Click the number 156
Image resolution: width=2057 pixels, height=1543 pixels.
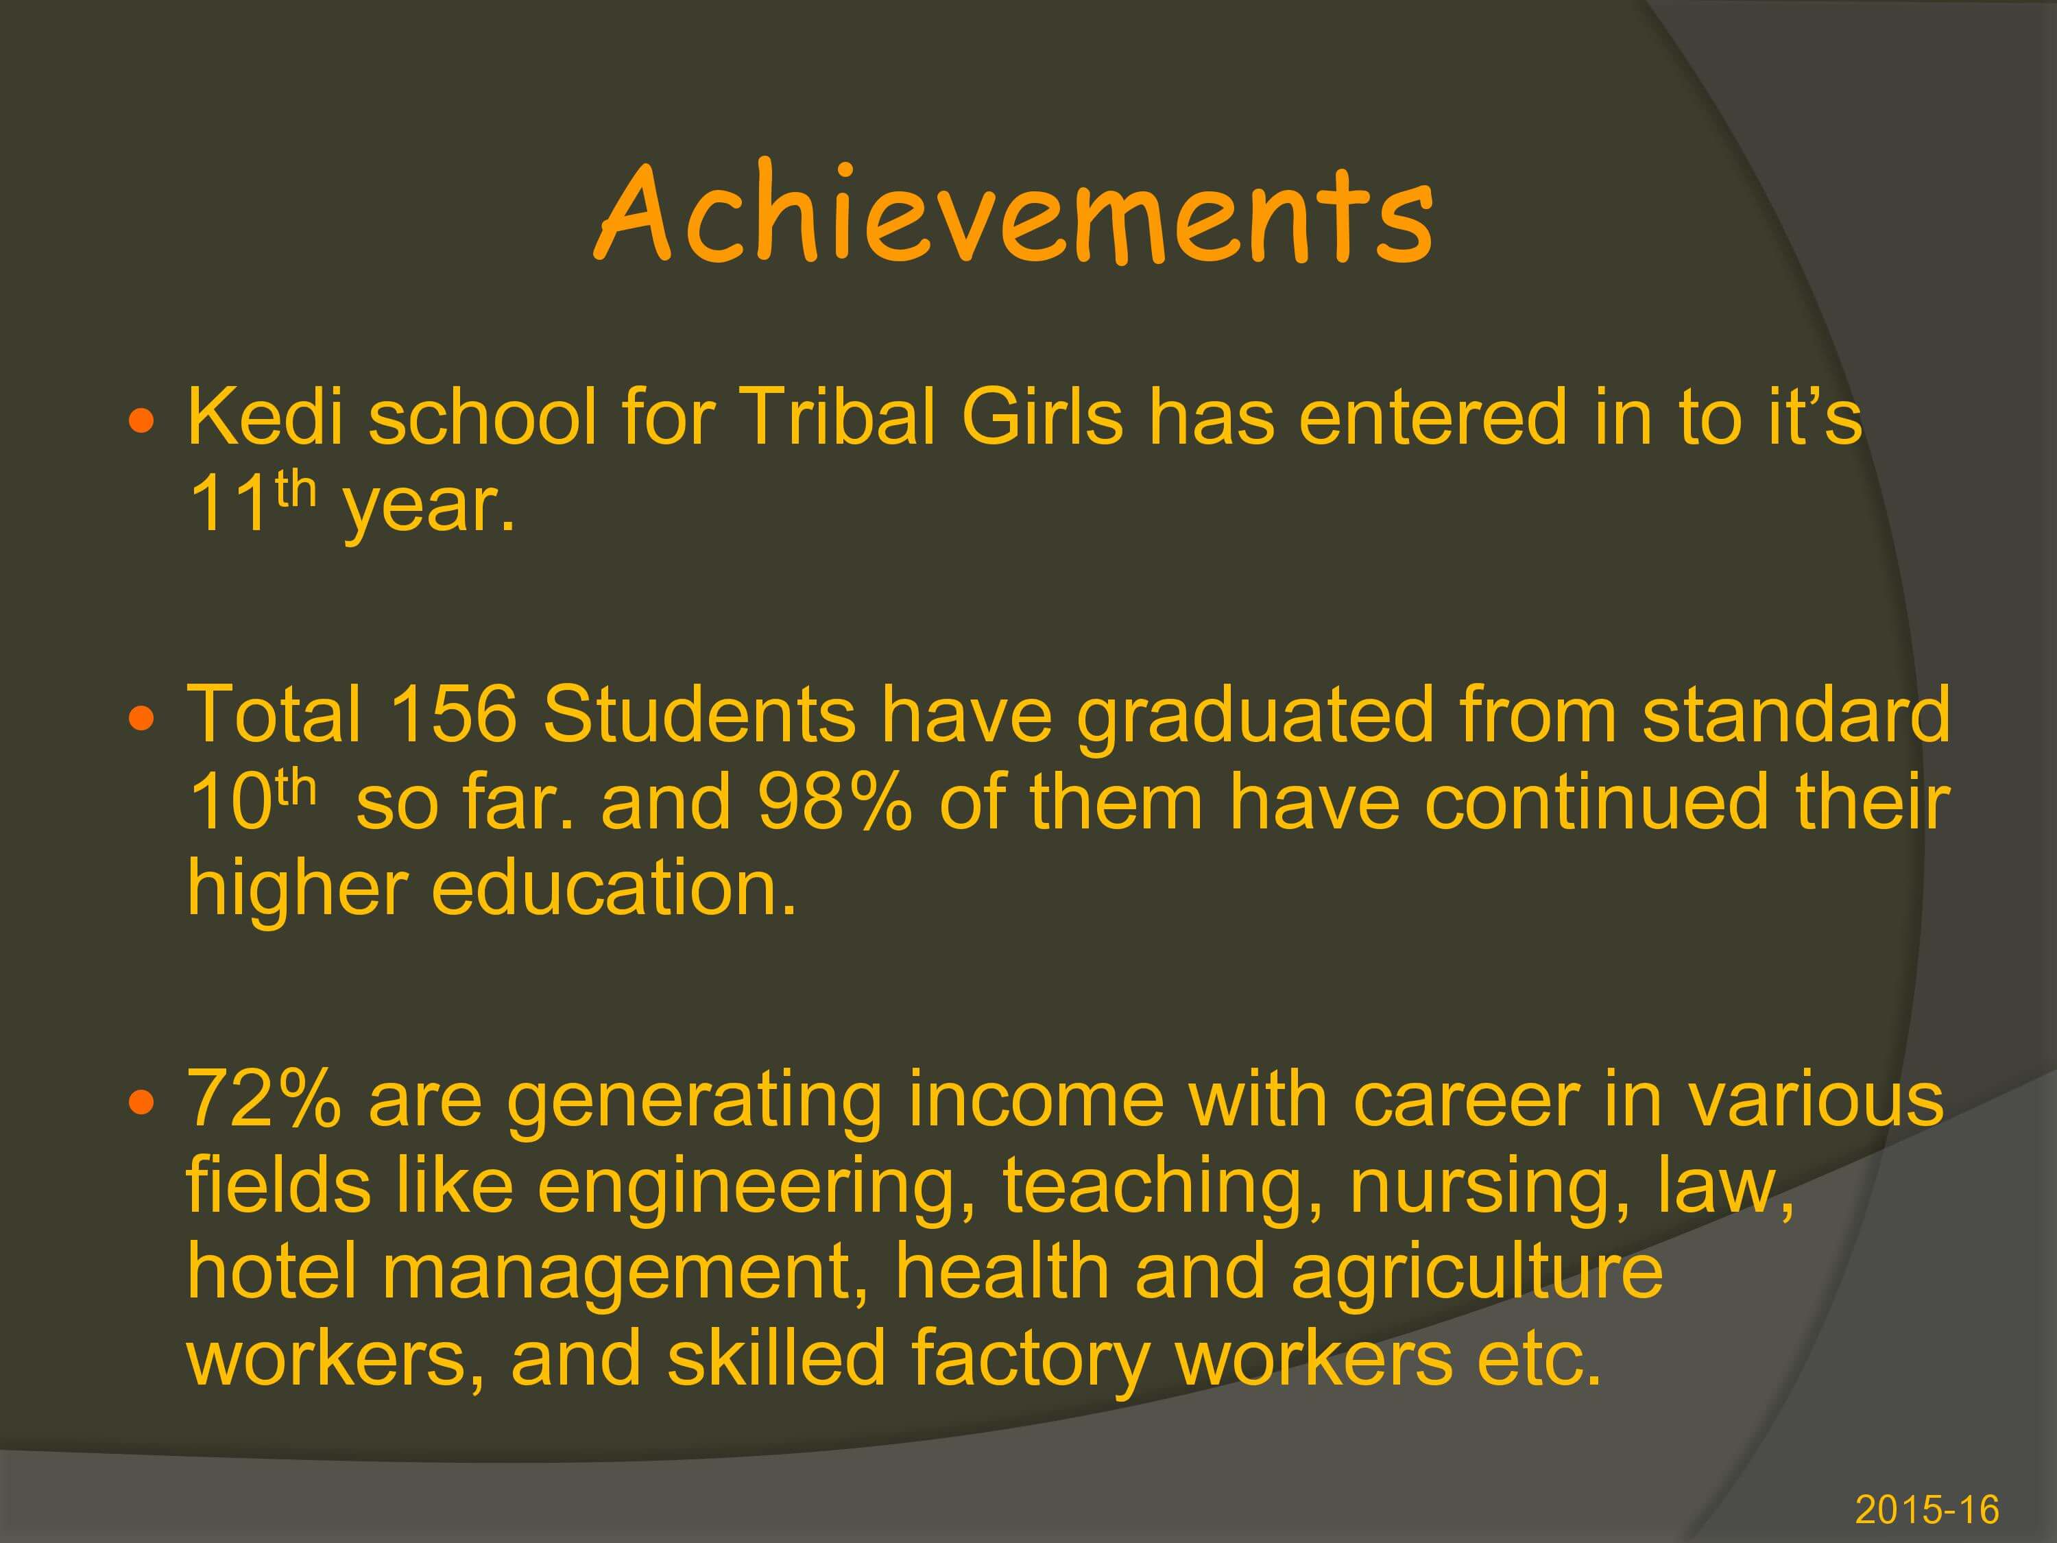[453, 715]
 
